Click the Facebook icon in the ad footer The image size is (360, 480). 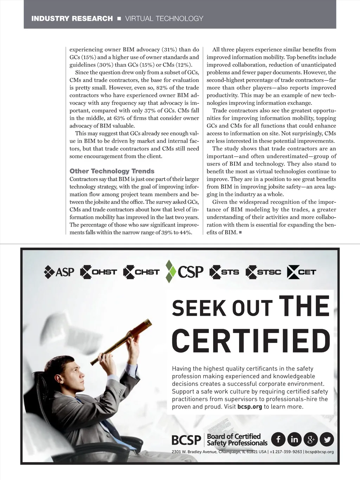(278, 439)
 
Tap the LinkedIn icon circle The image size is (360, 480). (294, 439)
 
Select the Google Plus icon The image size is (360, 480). (310, 439)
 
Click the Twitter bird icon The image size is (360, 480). (327, 439)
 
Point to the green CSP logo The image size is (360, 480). (185, 271)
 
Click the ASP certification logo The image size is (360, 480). (59, 272)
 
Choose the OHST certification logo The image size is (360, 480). (98, 272)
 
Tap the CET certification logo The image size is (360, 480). (302, 272)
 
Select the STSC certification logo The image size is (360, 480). (263, 272)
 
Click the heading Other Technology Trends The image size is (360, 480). (112, 171)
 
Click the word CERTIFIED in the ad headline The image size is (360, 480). (251, 341)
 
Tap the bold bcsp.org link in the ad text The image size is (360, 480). (250, 407)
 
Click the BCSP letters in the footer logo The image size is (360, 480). (186, 440)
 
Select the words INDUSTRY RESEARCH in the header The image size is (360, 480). (72, 19)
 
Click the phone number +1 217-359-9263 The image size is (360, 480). (286, 452)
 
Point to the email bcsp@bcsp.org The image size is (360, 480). (319, 452)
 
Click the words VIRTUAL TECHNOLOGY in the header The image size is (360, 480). (164, 19)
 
